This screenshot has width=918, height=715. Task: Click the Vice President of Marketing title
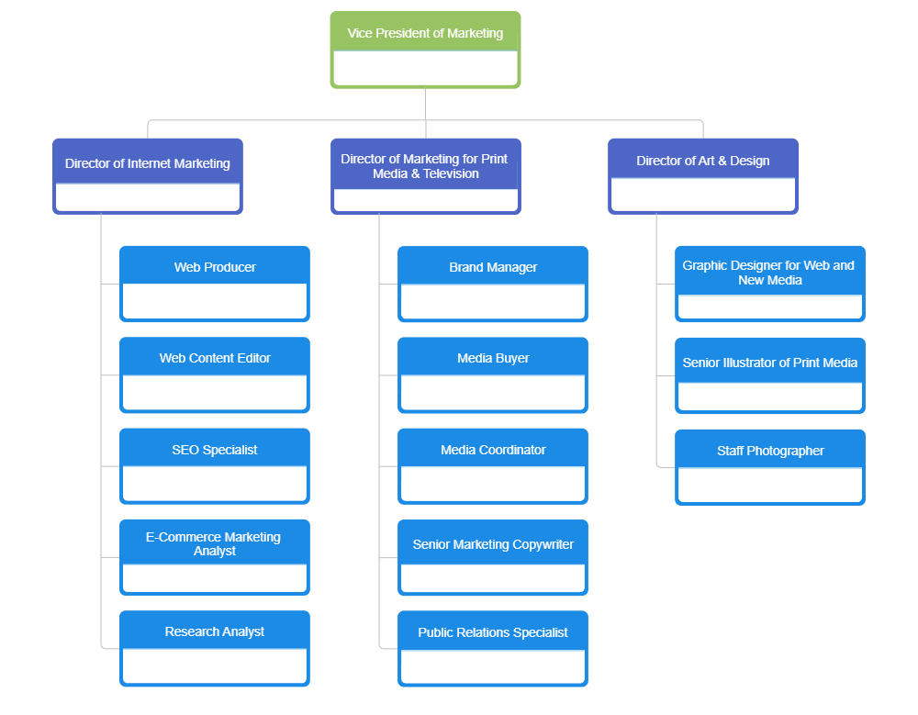(425, 33)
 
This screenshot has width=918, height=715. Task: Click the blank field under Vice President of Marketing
(425, 68)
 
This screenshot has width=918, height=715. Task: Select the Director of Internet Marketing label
(148, 163)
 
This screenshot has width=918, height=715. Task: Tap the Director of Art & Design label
(703, 161)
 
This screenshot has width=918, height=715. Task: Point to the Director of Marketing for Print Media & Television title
(424, 166)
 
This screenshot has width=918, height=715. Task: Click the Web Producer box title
(215, 267)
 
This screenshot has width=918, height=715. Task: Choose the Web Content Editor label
(215, 358)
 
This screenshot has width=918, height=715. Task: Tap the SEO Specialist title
(215, 450)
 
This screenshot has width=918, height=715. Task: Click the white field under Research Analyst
(215, 666)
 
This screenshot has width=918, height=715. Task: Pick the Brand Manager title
(493, 267)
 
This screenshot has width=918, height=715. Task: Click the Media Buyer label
(493, 358)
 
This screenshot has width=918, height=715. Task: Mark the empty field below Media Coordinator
(493, 484)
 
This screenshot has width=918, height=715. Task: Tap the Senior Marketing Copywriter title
(493, 544)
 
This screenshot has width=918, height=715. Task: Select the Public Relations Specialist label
(493, 632)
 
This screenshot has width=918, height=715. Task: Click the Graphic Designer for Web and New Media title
(768, 273)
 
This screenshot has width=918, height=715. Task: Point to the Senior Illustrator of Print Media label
(770, 363)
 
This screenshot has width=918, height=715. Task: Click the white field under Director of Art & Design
(703, 195)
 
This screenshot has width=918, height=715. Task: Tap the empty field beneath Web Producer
(215, 301)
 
